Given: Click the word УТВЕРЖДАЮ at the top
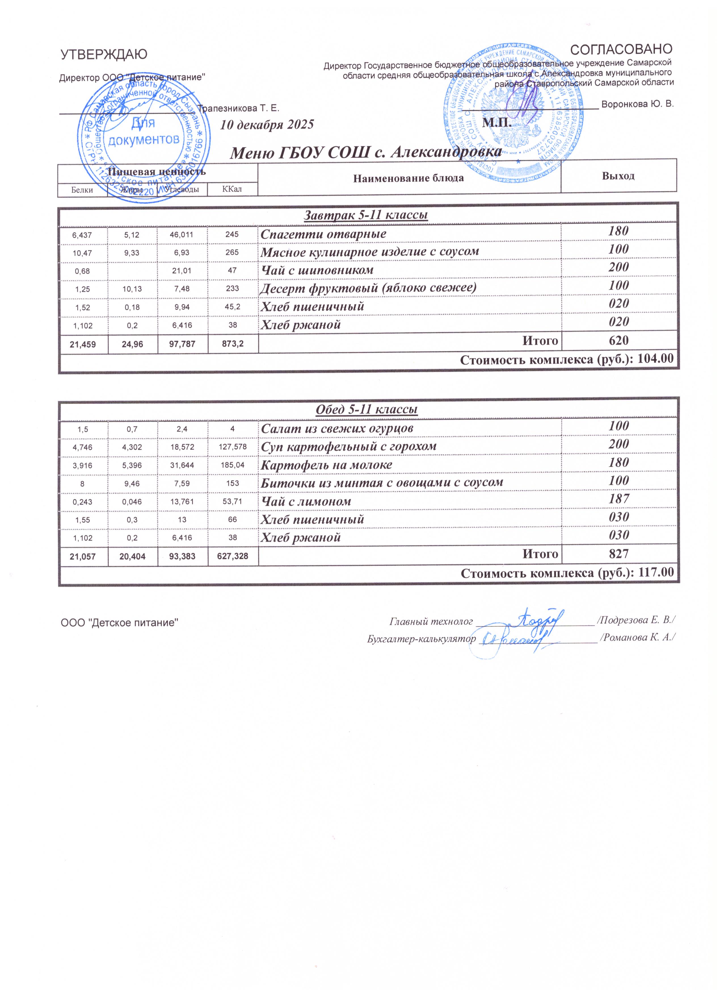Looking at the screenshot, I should tap(104, 54).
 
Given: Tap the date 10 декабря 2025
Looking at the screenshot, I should tap(267, 125).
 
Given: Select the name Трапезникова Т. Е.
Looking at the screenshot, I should tap(239, 108).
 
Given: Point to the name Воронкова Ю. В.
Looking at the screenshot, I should tap(637, 104).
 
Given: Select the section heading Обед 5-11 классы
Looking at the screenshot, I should tap(367, 410).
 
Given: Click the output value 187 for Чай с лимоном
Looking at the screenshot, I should tap(619, 499).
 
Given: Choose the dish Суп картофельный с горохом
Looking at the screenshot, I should tap(349, 447).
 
